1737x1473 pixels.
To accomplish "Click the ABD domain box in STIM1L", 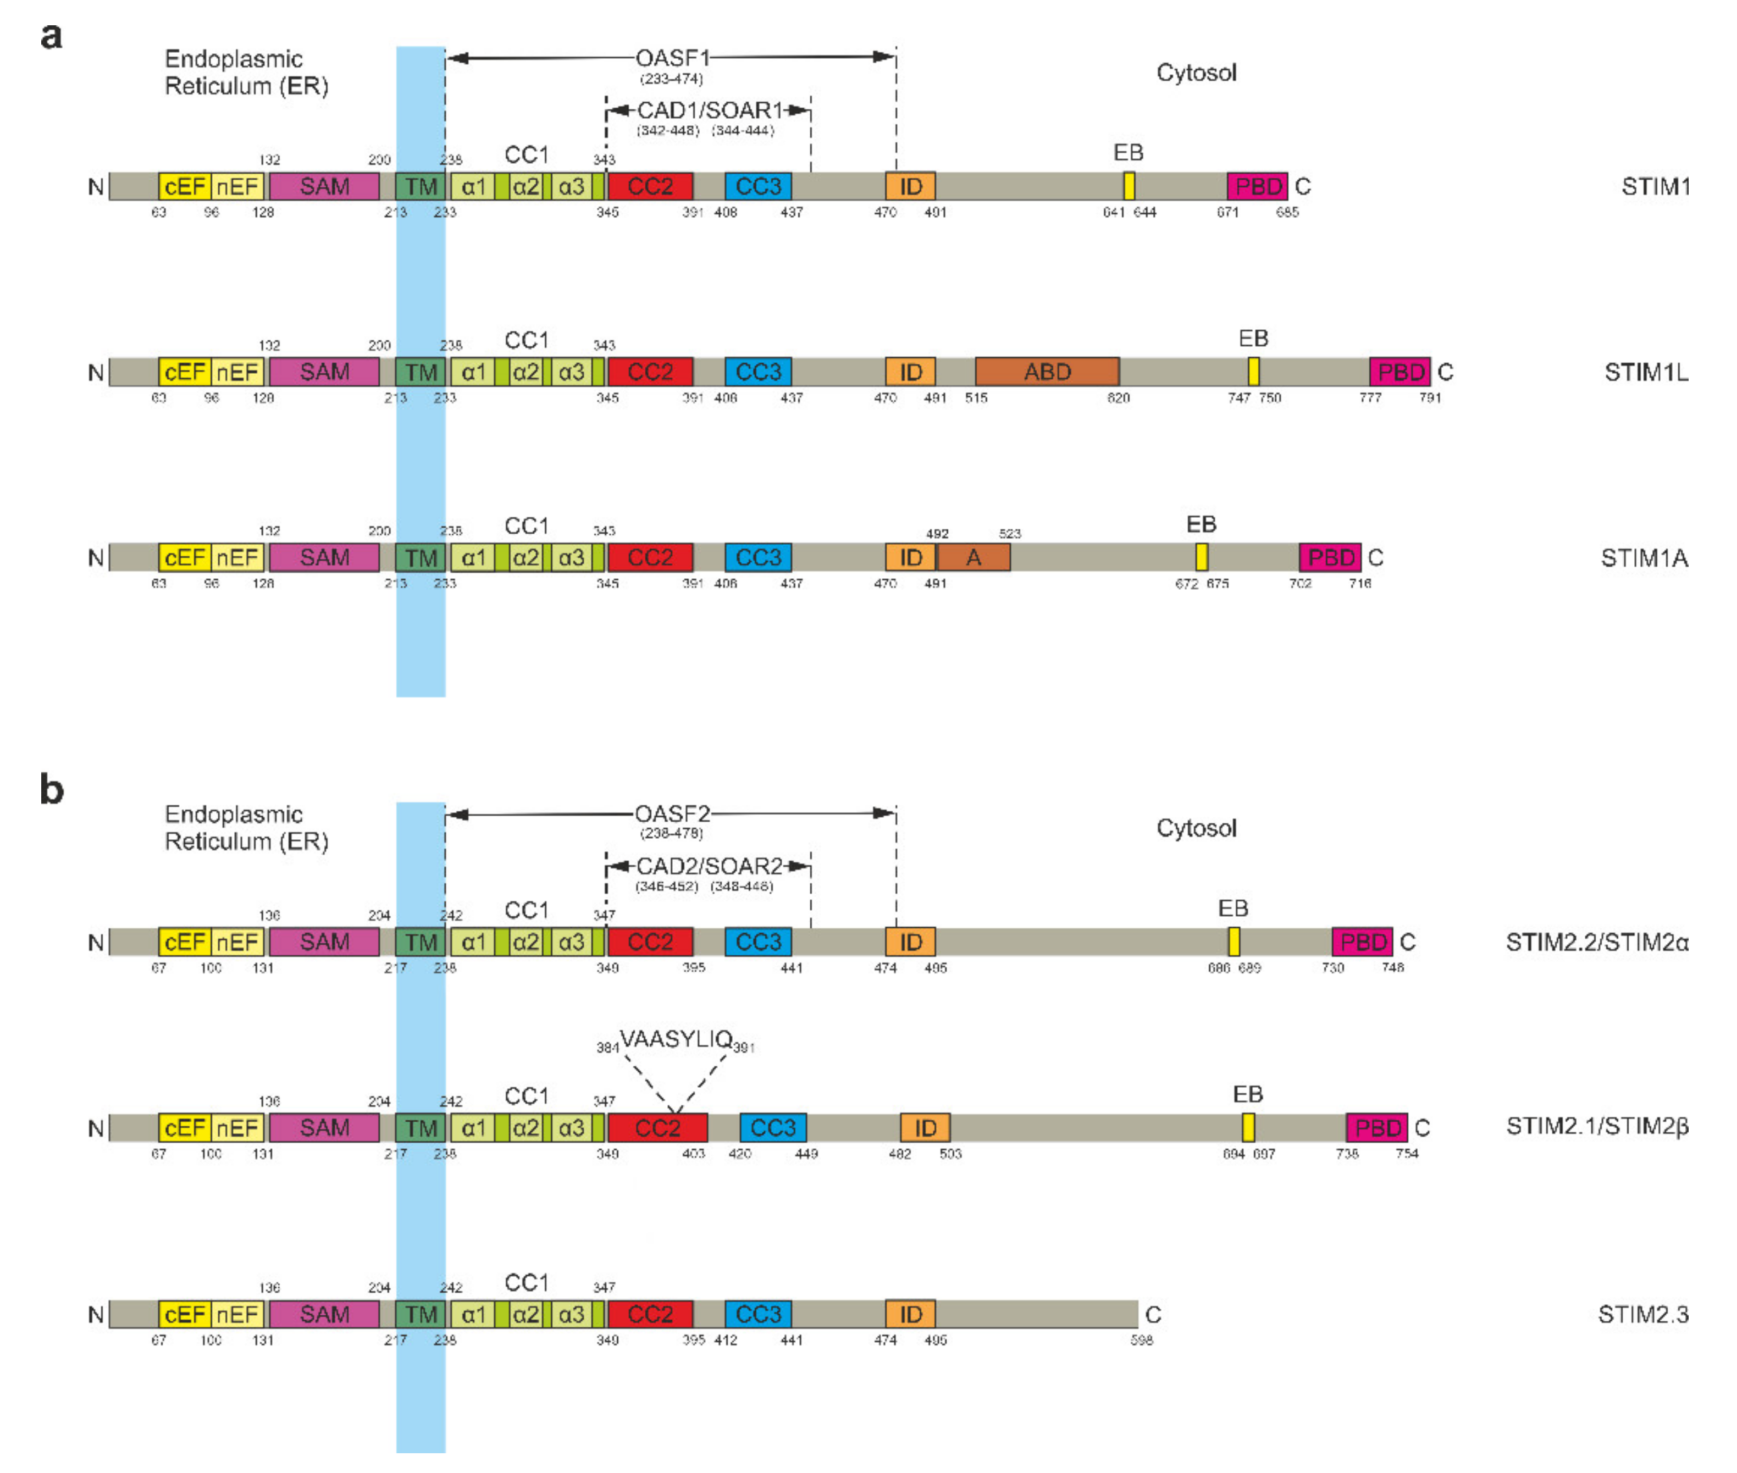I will (x=1047, y=372).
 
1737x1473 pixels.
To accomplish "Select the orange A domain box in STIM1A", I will (x=973, y=557).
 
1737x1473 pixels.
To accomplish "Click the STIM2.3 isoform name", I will (x=1642, y=1314).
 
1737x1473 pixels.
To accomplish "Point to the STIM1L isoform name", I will (x=1645, y=372).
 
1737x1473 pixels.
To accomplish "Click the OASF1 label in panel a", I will (x=672, y=58).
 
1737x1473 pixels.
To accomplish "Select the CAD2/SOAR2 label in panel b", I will (x=709, y=866).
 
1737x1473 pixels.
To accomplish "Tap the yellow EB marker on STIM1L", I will (x=1253, y=372).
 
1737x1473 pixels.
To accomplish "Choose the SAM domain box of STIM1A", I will (x=324, y=557).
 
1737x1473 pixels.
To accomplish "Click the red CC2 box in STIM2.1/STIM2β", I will (x=657, y=1128).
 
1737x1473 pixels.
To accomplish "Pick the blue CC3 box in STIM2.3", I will (x=757, y=1314).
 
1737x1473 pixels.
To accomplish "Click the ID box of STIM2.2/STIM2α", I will (x=910, y=942).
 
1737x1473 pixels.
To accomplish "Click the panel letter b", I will (x=52, y=789).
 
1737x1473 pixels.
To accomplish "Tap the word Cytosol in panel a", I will (x=1196, y=73).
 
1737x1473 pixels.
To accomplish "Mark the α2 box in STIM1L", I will (x=525, y=372).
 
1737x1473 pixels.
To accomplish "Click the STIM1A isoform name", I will (x=1644, y=557).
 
